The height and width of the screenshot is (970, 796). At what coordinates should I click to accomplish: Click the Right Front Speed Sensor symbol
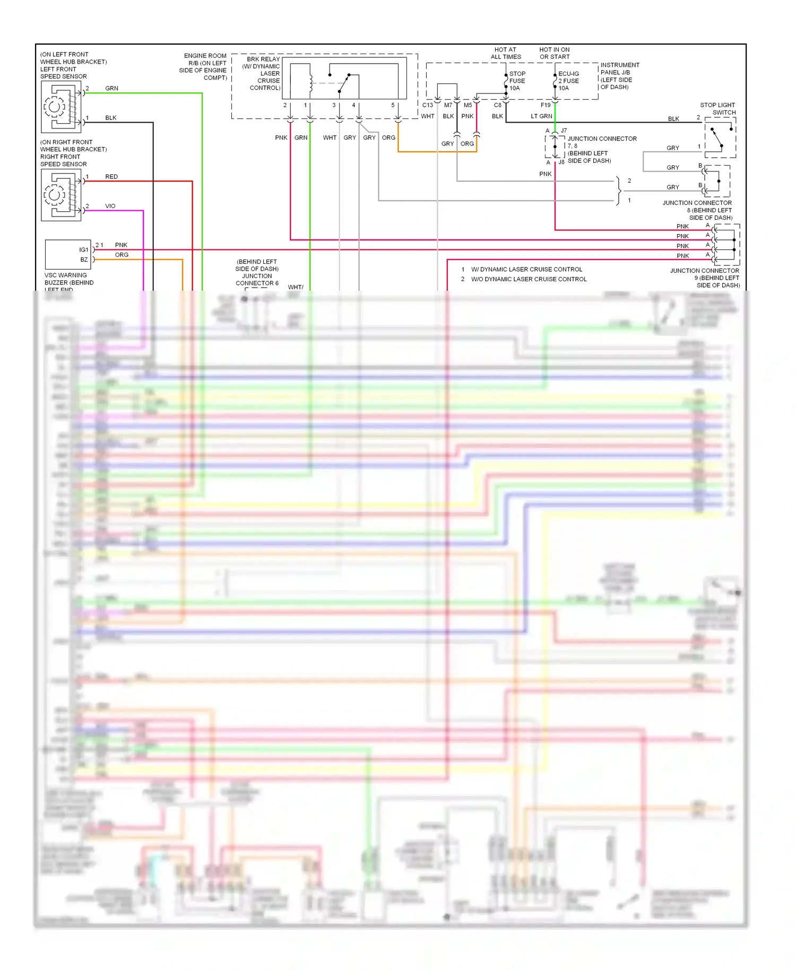(61, 195)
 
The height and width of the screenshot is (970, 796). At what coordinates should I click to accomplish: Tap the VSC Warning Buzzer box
(68, 255)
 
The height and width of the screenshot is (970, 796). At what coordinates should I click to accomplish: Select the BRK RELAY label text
(263, 59)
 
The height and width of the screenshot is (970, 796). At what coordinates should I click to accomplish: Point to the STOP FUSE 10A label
(517, 81)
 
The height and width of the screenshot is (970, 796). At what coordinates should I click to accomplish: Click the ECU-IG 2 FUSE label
(568, 81)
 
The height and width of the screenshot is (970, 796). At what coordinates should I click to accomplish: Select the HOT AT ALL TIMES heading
(506, 53)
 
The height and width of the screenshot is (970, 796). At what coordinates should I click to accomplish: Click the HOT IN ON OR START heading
(555, 53)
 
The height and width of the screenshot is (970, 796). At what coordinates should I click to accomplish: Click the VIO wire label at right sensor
(110, 206)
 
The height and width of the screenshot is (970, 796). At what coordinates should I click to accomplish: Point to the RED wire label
(111, 177)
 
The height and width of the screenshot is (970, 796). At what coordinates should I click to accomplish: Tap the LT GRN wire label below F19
(541, 116)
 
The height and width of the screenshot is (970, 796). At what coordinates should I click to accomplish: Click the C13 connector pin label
(428, 105)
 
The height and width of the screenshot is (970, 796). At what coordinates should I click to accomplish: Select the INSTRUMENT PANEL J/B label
(619, 76)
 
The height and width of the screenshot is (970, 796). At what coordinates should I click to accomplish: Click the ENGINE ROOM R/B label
(204, 66)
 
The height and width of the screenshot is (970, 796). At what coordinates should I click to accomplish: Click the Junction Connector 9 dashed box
(726, 245)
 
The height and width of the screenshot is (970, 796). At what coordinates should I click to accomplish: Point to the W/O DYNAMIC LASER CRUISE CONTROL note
(529, 279)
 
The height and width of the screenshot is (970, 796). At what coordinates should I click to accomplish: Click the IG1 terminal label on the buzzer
(84, 249)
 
